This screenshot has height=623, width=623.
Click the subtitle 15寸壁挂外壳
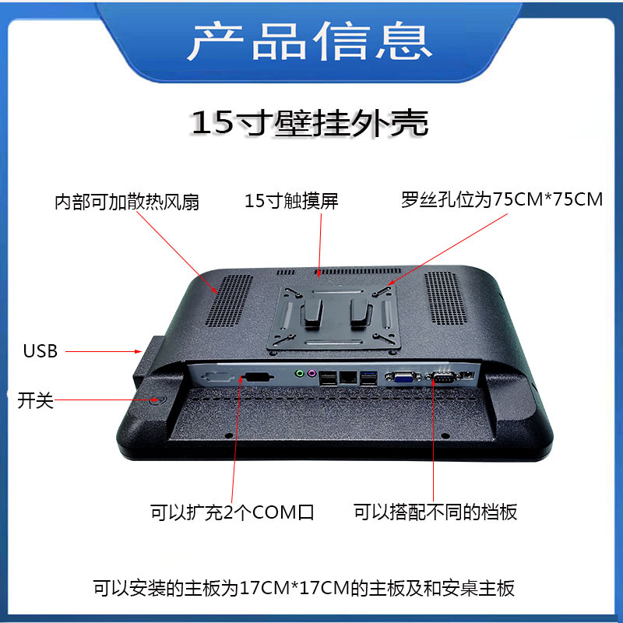click(x=310, y=123)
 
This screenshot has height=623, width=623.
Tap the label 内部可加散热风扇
click(x=127, y=202)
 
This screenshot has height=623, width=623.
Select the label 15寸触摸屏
click(x=292, y=201)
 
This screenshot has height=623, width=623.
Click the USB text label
click(x=40, y=351)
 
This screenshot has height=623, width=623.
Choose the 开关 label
click(x=35, y=402)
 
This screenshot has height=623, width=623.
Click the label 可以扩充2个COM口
click(x=232, y=512)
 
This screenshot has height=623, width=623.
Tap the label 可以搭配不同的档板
click(x=435, y=512)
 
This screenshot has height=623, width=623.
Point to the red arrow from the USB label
click(x=101, y=352)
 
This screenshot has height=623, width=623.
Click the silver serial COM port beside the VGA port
click(x=442, y=378)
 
